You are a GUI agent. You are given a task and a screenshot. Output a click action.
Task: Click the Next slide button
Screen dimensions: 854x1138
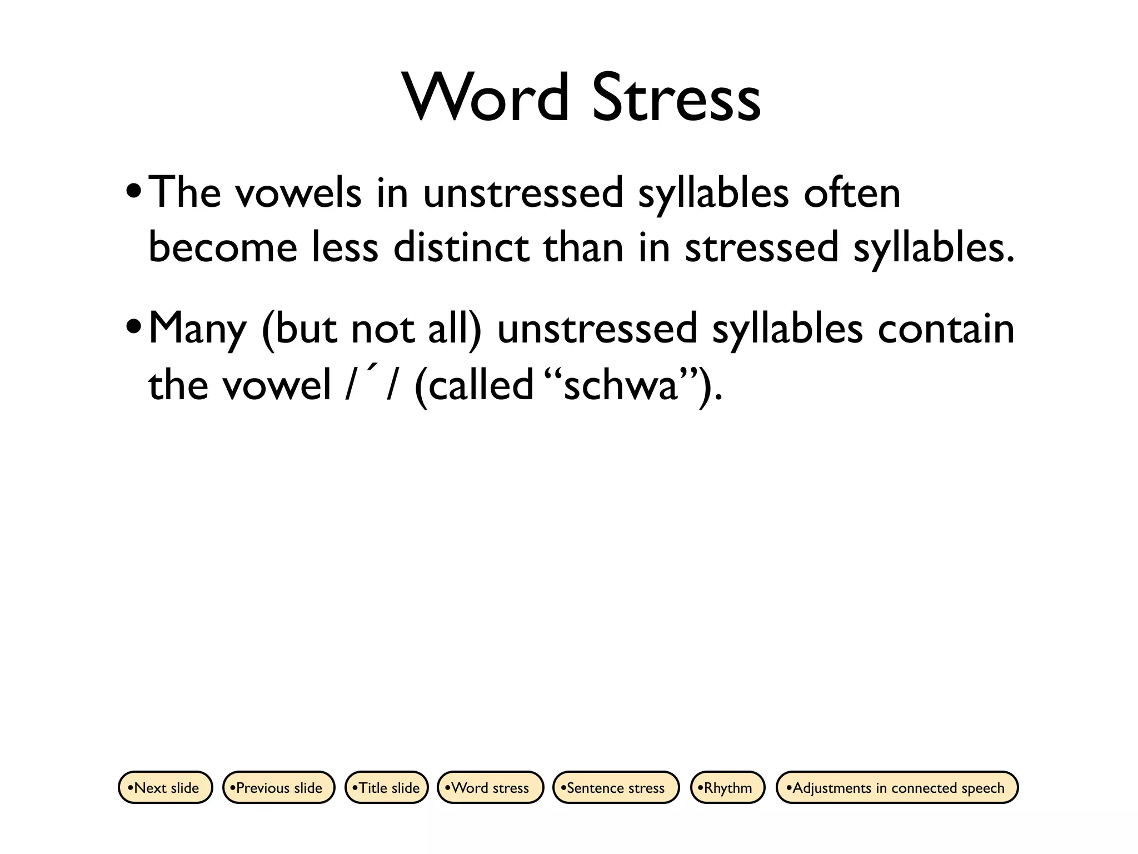tap(166, 787)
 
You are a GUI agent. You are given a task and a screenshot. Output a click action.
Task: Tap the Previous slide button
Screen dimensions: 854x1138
tap(278, 787)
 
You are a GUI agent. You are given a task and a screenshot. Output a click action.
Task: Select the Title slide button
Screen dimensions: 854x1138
tap(387, 787)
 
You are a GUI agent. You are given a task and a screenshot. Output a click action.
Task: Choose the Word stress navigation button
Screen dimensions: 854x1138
tap(490, 787)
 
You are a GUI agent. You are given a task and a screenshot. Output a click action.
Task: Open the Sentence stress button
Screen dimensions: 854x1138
tap(616, 787)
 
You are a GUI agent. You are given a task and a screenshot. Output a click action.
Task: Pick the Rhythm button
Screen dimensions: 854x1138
tap(727, 787)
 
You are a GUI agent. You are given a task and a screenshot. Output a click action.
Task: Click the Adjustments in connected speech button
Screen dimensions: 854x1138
tap(897, 787)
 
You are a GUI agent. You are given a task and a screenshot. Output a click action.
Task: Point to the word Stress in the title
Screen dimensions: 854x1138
tap(676, 98)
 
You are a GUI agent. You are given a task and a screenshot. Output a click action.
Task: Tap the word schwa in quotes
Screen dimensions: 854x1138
tap(621, 385)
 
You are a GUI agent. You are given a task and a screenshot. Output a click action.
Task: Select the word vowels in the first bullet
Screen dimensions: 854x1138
tap(298, 193)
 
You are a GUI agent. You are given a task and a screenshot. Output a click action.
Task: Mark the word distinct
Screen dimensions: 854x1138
tap(461, 247)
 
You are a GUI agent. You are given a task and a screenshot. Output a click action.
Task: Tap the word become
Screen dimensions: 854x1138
tap(223, 247)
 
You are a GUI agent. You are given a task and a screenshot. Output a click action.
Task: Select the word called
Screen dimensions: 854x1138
tap(474, 385)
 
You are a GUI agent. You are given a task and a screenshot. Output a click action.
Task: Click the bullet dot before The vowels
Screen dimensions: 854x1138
tap(133, 193)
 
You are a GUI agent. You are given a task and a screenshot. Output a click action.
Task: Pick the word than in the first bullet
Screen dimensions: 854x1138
tap(583, 247)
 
